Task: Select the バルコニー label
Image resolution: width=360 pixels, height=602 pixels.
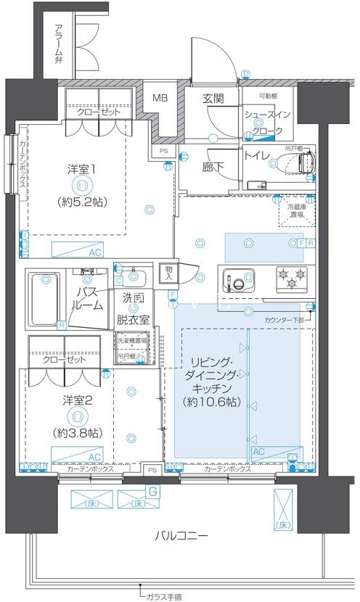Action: [x=181, y=536]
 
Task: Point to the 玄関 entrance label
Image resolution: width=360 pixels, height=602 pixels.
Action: [x=213, y=99]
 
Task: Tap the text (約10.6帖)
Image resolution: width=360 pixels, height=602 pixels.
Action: [x=211, y=401]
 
